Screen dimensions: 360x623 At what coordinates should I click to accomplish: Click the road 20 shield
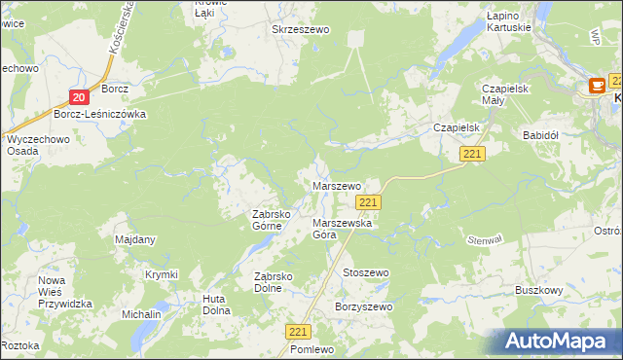pyautogui.click(x=80, y=96)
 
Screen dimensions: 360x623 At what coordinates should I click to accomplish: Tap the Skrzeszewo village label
pyautogui.click(x=301, y=30)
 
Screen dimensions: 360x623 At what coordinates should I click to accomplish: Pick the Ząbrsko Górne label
pyautogui.click(x=266, y=220)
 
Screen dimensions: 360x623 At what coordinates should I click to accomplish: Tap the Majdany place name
pyautogui.click(x=135, y=239)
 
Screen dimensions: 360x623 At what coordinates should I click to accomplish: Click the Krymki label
pyautogui.click(x=162, y=275)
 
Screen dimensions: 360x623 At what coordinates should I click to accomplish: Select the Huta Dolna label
pyautogui.click(x=215, y=305)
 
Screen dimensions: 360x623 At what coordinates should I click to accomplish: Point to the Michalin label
pyautogui.click(x=141, y=315)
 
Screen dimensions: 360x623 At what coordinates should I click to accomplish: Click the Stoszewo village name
pyautogui.click(x=365, y=273)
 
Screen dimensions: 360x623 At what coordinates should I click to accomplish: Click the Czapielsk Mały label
pyautogui.click(x=504, y=94)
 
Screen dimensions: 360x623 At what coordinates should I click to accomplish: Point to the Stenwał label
pyautogui.click(x=484, y=238)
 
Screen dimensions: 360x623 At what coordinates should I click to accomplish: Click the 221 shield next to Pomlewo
pyautogui.click(x=299, y=332)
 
